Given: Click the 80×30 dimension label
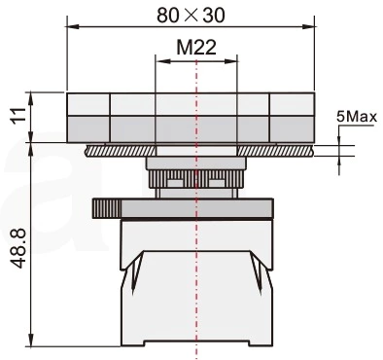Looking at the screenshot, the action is point(191,16).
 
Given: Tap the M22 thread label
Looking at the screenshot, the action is point(196,48).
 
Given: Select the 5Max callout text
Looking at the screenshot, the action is point(357,117).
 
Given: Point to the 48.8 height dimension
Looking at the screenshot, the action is point(18,248).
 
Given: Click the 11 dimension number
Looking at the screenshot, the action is point(18,115).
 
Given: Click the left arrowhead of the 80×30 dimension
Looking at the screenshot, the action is point(73,26).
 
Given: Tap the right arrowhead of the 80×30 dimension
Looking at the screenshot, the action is point(308,26).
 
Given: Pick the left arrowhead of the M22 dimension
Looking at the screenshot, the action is point(162,60).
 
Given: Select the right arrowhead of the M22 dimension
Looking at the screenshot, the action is point(231,60).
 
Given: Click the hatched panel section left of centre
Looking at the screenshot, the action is point(121,151).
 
